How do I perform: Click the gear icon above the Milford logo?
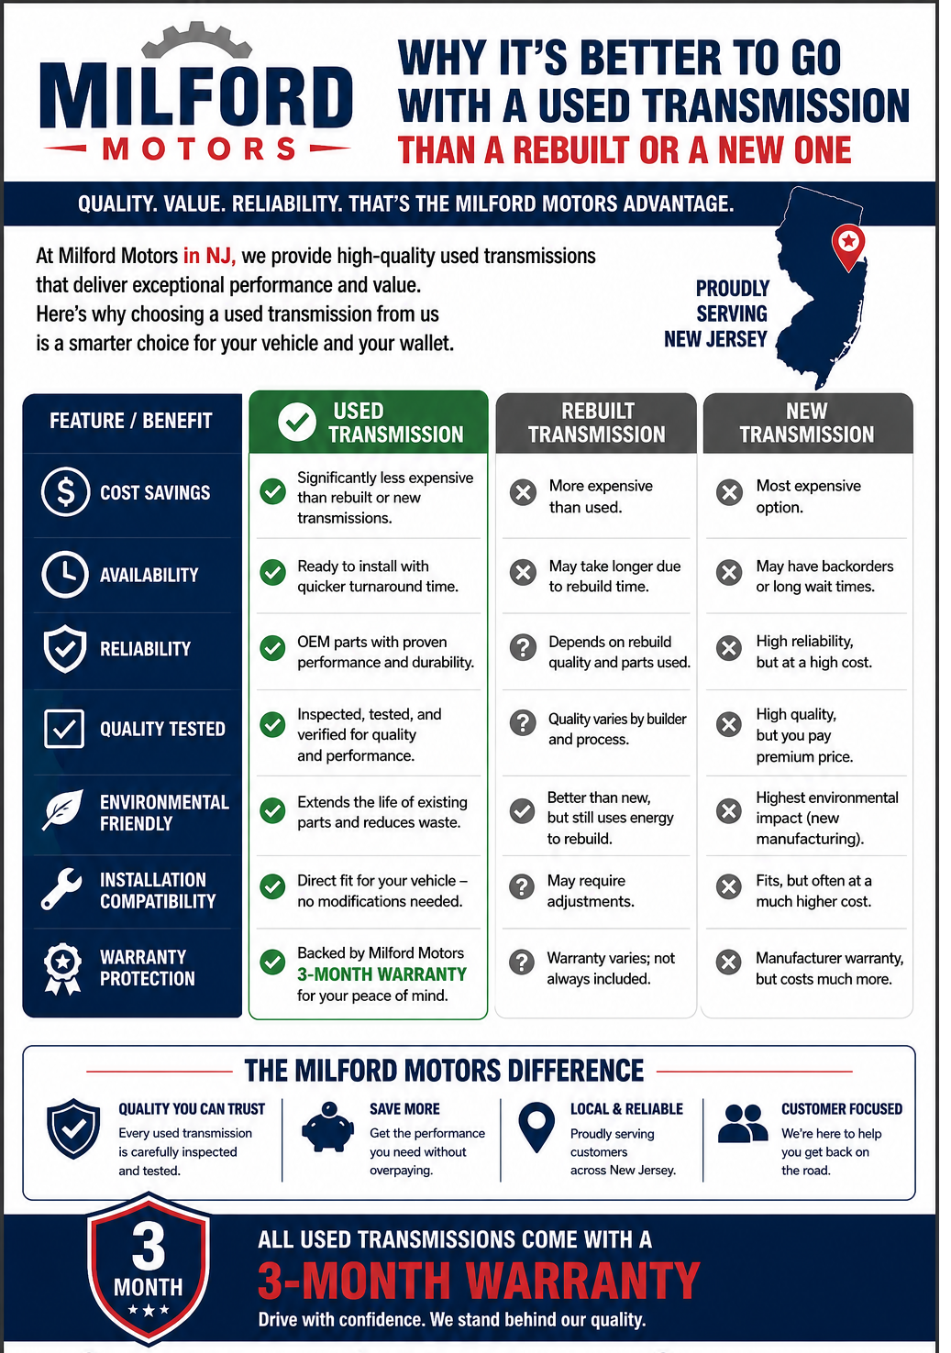tap(196, 42)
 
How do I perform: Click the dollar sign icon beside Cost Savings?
tap(66, 491)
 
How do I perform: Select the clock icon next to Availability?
tap(65, 574)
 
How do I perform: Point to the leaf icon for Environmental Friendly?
tap(63, 809)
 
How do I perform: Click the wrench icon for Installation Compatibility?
tap(61, 888)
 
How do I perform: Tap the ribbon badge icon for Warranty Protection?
tap(63, 968)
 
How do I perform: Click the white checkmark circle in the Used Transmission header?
tap(296, 422)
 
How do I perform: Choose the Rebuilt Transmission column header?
tap(596, 423)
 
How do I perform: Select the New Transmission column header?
tap(808, 423)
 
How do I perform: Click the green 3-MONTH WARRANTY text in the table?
tap(382, 973)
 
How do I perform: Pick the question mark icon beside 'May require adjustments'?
tap(522, 886)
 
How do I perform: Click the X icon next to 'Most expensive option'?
tap(729, 492)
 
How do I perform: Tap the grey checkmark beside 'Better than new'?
tap(522, 811)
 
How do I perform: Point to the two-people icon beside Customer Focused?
tap(743, 1124)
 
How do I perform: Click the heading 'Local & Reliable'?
tap(626, 1109)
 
